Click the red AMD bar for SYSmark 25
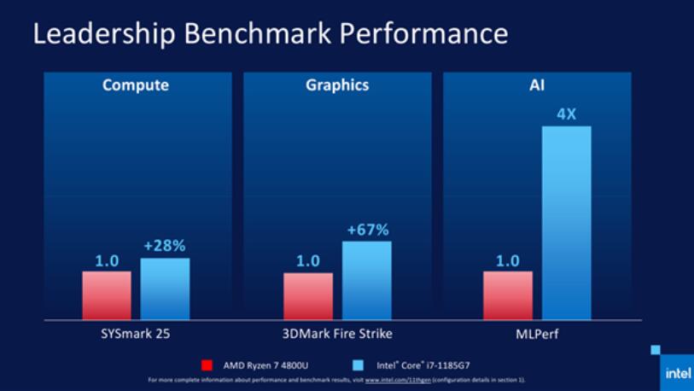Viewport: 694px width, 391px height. (x=107, y=295)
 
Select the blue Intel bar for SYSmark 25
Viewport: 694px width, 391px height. (x=165, y=289)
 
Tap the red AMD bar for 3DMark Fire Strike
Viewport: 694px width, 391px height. (x=308, y=296)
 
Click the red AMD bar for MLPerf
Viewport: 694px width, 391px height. (x=508, y=295)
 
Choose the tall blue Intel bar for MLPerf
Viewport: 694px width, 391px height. (x=566, y=223)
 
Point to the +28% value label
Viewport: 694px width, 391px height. (x=165, y=246)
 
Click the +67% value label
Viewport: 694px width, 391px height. (x=367, y=230)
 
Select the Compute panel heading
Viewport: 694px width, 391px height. (x=136, y=85)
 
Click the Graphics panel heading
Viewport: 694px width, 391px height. (x=338, y=85)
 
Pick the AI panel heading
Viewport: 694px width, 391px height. (x=537, y=85)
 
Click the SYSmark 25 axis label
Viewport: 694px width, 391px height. (x=137, y=333)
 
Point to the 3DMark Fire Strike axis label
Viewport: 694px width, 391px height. (x=338, y=333)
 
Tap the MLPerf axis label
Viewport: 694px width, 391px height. (x=537, y=333)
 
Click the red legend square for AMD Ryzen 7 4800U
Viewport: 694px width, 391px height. (x=207, y=365)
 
